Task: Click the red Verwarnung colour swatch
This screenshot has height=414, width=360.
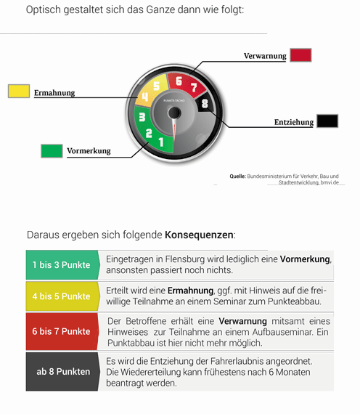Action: (300, 54)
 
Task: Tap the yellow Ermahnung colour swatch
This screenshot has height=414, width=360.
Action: (18, 92)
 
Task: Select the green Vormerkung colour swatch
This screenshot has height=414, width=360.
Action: (52, 150)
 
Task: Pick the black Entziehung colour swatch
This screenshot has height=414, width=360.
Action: (327, 121)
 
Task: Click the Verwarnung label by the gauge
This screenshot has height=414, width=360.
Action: (265, 56)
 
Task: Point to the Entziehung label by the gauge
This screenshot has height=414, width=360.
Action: (294, 122)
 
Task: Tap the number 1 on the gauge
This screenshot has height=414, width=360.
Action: (161, 142)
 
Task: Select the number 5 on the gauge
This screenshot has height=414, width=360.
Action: (156, 86)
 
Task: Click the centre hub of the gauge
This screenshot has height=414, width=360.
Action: (173, 113)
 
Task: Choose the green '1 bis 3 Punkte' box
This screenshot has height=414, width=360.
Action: (62, 264)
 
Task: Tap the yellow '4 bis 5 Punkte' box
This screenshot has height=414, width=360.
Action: (62, 296)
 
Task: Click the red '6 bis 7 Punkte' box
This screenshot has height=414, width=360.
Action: (62, 331)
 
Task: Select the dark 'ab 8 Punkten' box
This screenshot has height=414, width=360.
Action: (62, 371)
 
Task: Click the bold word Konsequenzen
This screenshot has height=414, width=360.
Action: (200, 235)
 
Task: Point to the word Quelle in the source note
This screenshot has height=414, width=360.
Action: (237, 176)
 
